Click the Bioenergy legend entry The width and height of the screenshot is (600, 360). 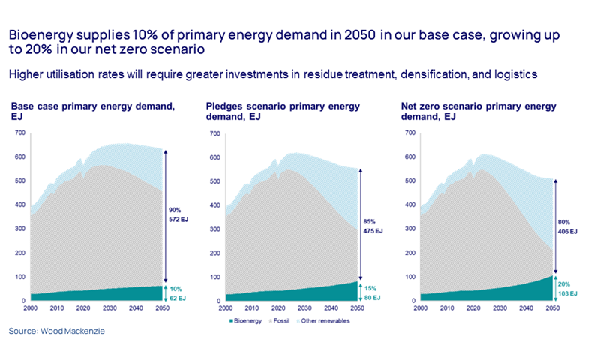point(245,320)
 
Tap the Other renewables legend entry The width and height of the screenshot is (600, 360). point(329,320)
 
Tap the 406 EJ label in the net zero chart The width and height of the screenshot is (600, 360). point(566,232)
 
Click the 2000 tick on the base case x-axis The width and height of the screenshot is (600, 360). point(30,308)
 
